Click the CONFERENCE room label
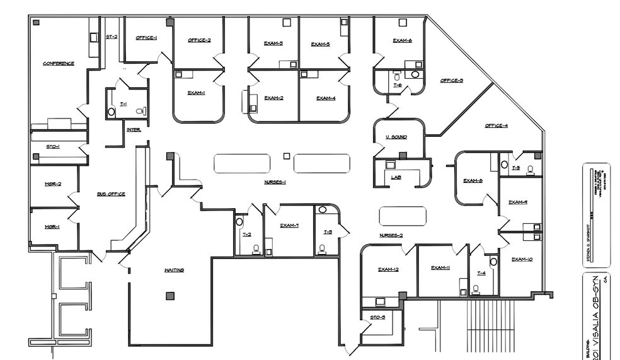tap(59, 64)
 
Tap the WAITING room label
tap(174, 270)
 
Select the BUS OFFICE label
tap(110, 194)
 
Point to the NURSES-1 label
tap(275, 182)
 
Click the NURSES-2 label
tap(391, 236)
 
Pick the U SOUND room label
tap(396, 137)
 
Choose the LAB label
tap(396, 178)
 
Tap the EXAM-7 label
tap(289, 225)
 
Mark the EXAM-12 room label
tap(388, 269)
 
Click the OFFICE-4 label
tap(496, 125)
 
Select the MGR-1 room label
tap(52, 226)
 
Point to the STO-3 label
tap(377, 317)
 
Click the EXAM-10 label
tap(522, 259)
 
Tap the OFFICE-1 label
tap(146, 38)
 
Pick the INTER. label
tap(134, 130)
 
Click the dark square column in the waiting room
tap(169, 295)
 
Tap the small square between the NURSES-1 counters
tap(287, 155)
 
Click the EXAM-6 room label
tap(402, 40)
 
